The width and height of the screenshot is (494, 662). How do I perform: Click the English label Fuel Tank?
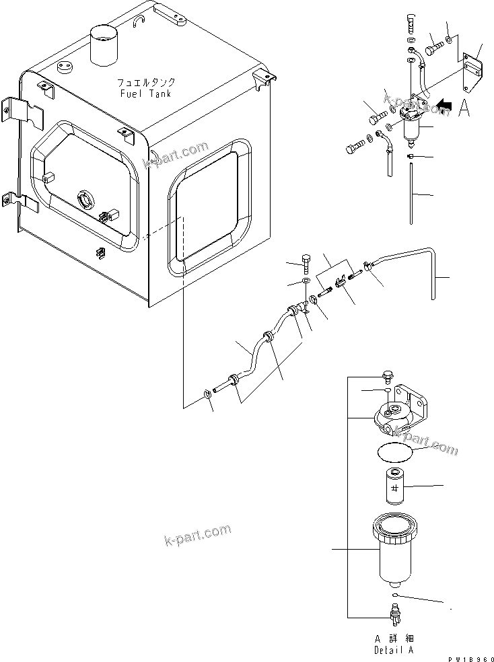145,94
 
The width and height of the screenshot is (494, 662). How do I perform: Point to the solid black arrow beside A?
445,105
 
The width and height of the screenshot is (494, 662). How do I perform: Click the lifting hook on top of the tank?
139,22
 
